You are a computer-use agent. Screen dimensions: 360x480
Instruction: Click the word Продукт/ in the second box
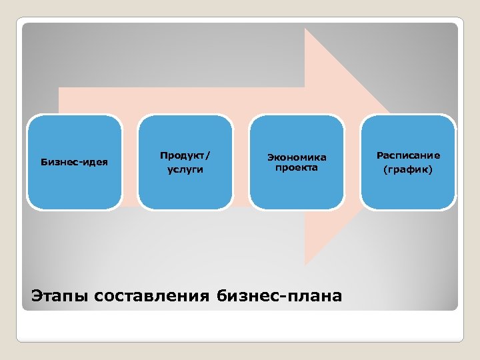point(185,155)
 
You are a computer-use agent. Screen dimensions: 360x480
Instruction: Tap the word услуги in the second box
point(185,170)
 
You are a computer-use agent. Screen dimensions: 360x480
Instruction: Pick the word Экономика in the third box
point(297,157)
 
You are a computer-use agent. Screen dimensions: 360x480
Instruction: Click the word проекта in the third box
point(297,167)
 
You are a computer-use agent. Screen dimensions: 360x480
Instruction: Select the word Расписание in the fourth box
point(408,155)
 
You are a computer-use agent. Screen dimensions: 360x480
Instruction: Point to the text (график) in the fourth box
point(408,170)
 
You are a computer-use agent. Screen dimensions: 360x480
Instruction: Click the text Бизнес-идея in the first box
point(74,162)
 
